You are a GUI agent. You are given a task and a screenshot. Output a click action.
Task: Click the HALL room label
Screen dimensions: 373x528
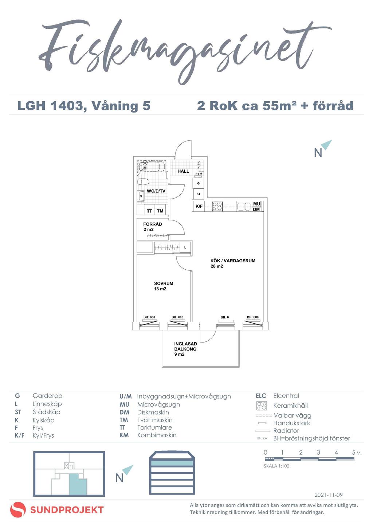(183, 171)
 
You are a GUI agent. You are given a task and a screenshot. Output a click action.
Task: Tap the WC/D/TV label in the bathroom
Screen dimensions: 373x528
(156, 191)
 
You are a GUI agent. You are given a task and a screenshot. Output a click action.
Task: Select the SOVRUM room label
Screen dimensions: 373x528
(164, 283)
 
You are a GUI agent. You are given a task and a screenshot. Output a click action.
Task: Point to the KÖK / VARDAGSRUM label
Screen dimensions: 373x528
(233, 261)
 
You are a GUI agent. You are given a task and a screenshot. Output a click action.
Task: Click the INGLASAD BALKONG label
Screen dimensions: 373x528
(185, 347)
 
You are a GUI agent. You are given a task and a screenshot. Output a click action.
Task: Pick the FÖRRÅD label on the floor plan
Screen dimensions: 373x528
(153, 224)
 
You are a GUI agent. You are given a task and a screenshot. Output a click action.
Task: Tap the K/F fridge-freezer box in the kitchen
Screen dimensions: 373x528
(199, 206)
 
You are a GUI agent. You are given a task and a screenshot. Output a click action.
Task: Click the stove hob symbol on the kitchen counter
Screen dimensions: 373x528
(217, 206)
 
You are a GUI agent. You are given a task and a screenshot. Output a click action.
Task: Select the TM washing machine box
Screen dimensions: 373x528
(160, 211)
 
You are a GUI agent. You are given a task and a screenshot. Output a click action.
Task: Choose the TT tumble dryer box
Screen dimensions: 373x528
(149, 211)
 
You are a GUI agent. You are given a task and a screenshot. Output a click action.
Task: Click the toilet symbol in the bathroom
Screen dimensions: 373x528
(143, 181)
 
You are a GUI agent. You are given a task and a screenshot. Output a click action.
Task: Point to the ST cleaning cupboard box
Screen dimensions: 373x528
(199, 194)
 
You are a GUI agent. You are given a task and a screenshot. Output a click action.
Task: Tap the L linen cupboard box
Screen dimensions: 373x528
(185, 247)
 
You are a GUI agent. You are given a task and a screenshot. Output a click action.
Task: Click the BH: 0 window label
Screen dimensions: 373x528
(225, 317)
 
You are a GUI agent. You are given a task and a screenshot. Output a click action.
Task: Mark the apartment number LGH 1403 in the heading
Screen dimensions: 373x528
(50, 106)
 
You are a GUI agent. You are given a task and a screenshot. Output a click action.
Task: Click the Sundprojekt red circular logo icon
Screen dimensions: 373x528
(18, 510)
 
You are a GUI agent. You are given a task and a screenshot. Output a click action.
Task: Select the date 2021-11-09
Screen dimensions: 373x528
(328, 495)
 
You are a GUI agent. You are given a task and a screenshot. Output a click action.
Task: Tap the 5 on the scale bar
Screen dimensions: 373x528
(353, 453)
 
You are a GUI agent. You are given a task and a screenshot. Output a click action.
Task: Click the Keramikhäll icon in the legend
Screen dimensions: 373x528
(262, 406)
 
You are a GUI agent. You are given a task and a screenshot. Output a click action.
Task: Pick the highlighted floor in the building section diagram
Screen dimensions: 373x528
(171, 463)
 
